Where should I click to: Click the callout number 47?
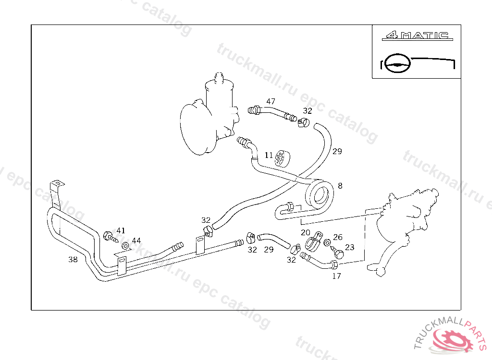click(271, 101)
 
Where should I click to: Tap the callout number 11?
click(269, 156)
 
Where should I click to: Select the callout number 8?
click(340, 185)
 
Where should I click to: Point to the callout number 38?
click(73, 260)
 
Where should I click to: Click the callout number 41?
click(121, 230)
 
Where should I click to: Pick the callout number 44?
click(136, 240)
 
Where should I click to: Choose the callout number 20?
click(306, 232)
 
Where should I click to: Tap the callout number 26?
click(338, 237)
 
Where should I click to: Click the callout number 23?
click(349, 247)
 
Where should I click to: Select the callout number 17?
click(336, 276)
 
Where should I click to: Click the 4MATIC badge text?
click(416, 36)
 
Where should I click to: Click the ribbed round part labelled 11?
click(281, 158)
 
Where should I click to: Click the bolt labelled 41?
click(110, 236)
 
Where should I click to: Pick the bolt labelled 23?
click(337, 252)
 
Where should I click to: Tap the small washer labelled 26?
click(327, 242)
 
